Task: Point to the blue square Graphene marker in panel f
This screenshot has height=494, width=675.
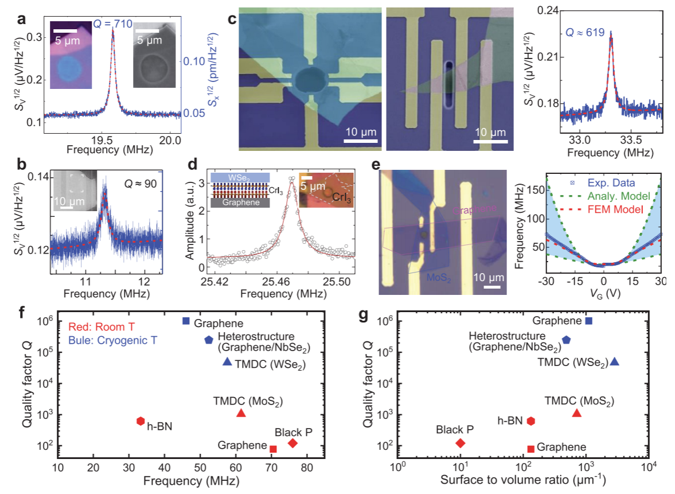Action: click(x=186, y=321)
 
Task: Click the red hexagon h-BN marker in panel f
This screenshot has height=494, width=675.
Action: click(x=141, y=421)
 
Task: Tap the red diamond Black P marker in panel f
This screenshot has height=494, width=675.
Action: click(x=292, y=443)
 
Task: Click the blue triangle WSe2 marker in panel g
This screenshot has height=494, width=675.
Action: click(x=615, y=361)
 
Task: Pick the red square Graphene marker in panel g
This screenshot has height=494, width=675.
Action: click(x=531, y=449)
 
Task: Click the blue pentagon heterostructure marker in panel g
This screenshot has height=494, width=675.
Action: click(x=566, y=340)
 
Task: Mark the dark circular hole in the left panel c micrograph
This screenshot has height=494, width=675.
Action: click(x=310, y=77)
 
